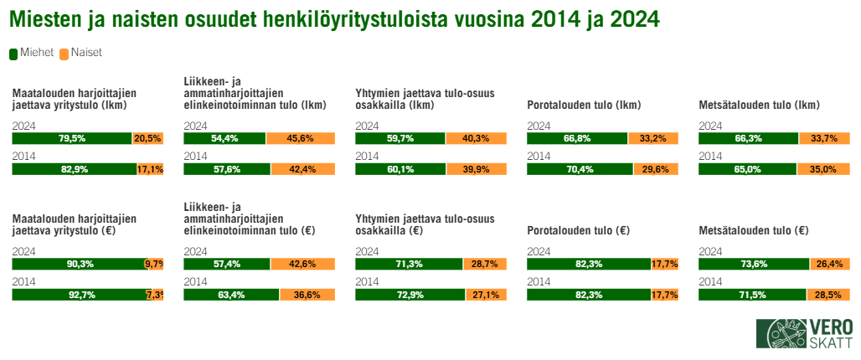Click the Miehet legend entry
pos(32,53)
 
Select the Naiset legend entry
pos(81,53)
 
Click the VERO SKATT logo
pos(805,333)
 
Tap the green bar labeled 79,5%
pos(72,138)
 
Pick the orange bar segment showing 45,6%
pos(300,138)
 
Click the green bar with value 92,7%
pos(79,294)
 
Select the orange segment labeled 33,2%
pos(652,138)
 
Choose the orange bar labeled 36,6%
pos(307,294)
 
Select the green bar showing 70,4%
pos(580,168)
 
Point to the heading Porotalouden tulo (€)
pos(578,231)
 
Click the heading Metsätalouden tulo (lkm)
pos(759,105)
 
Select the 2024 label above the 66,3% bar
pos(709,126)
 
